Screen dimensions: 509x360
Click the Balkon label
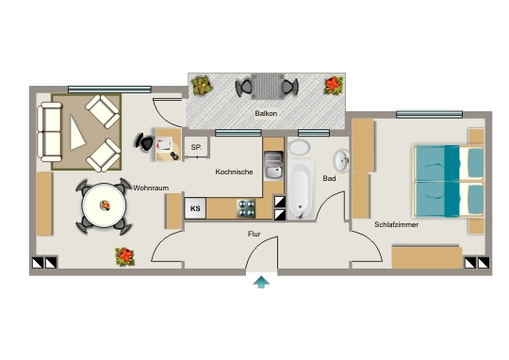click(266, 113)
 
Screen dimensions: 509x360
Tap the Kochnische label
click(234, 172)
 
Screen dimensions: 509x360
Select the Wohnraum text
click(151, 188)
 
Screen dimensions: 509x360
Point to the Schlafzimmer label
click(396, 224)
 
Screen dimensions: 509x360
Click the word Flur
click(254, 234)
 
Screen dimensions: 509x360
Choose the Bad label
click(329, 178)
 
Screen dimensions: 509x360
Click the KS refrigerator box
click(195, 208)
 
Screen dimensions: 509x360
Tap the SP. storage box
click(196, 147)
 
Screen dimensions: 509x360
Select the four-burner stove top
click(246, 208)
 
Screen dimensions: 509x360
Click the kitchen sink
click(273, 166)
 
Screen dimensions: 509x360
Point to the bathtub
click(301, 188)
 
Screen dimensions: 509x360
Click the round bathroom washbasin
click(341, 161)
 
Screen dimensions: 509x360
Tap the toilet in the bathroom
click(300, 148)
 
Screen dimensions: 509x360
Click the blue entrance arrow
click(261, 282)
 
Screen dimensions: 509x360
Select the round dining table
click(104, 205)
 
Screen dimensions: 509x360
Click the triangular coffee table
click(76, 133)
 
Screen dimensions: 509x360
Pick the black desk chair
click(145, 142)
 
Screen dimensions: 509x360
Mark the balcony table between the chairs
click(268, 87)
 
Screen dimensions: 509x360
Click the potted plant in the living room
click(125, 256)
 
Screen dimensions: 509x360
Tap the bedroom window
click(429, 114)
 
